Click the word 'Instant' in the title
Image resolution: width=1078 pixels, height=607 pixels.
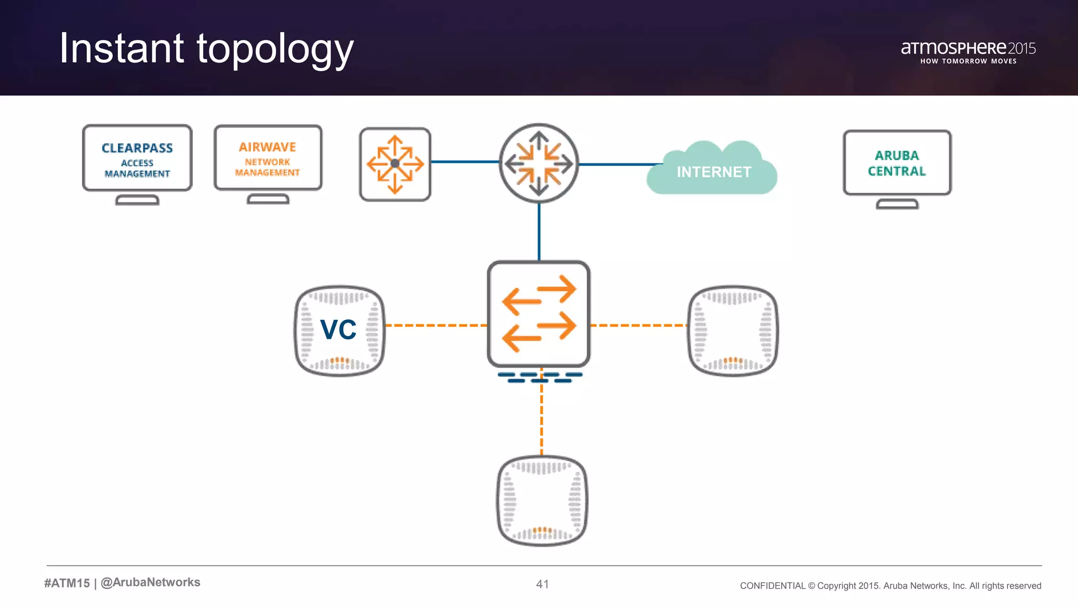pyautogui.click(x=122, y=48)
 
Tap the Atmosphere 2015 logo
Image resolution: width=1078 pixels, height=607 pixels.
pyautogui.click(x=967, y=52)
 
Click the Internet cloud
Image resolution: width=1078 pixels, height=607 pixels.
pyautogui.click(x=713, y=171)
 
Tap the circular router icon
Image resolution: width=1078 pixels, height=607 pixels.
pyautogui.click(x=538, y=163)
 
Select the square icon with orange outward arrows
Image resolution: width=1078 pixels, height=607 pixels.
pyautogui.click(x=395, y=164)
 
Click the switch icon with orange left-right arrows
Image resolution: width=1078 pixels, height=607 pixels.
pyautogui.click(x=538, y=314)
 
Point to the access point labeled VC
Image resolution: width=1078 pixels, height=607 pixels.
pyautogui.click(x=340, y=330)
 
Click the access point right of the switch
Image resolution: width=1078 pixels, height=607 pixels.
pyautogui.click(x=733, y=330)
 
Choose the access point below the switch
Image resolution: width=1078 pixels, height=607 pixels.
pyautogui.click(x=542, y=501)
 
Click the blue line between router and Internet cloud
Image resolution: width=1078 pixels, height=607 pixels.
pyautogui.click(x=618, y=164)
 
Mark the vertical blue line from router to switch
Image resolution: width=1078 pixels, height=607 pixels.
pyautogui.click(x=539, y=232)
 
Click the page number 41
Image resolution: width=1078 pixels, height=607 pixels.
pyautogui.click(x=542, y=584)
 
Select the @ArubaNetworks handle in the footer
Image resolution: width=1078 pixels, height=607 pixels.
pyautogui.click(x=151, y=582)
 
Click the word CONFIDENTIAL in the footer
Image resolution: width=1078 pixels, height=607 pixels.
pyautogui.click(x=772, y=586)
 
